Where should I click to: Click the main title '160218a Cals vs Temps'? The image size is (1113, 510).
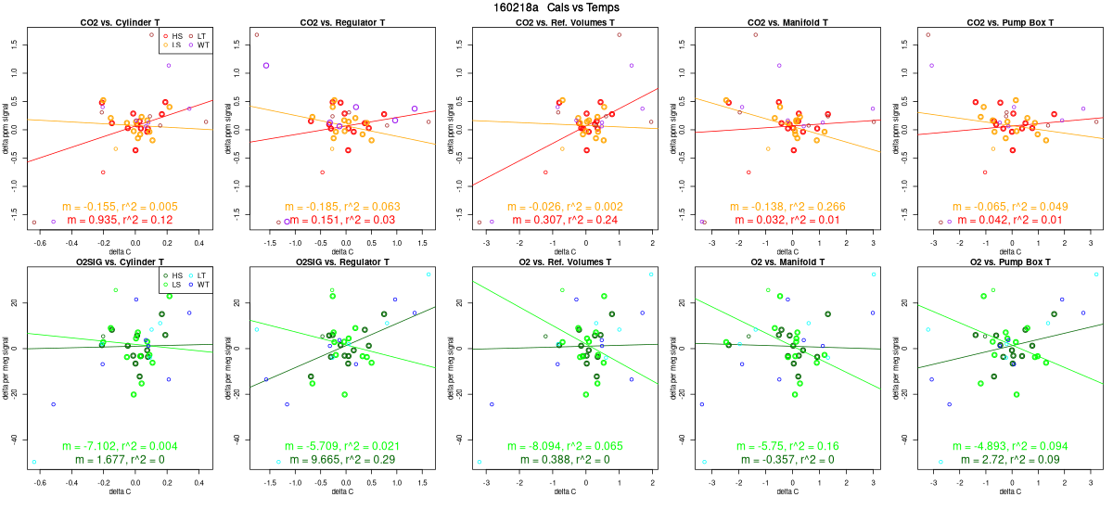pos(556,7)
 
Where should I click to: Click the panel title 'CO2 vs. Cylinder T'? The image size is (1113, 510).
pos(120,22)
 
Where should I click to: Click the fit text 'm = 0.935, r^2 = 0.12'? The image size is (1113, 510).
pos(120,219)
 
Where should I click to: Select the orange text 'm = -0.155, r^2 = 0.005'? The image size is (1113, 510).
pos(120,206)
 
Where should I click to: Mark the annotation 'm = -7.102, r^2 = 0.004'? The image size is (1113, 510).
pos(120,446)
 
